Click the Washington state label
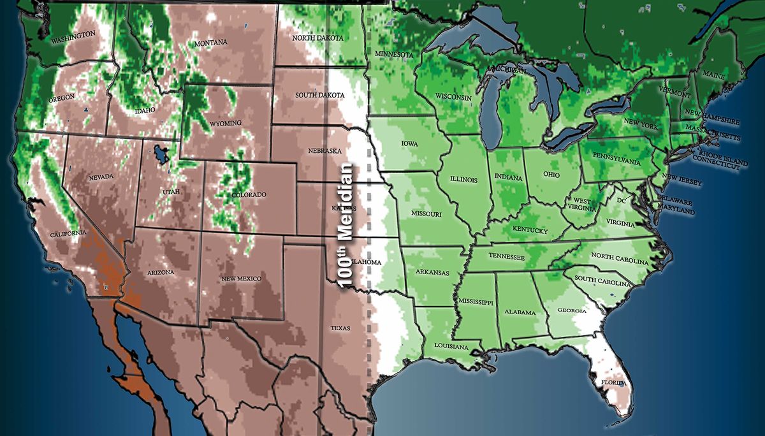click(x=73, y=37)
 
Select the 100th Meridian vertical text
click(x=346, y=226)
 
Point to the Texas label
click(x=340, y=328)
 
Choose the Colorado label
click(x=249, y=194)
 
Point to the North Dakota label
click(x=317, y=38)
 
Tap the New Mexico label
click(x=241, y=279)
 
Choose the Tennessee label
click(x=507, y=257)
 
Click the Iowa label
click(x=409, y=144)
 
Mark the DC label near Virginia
click(x=622, y=201)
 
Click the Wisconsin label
click(x=453, y=96)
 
